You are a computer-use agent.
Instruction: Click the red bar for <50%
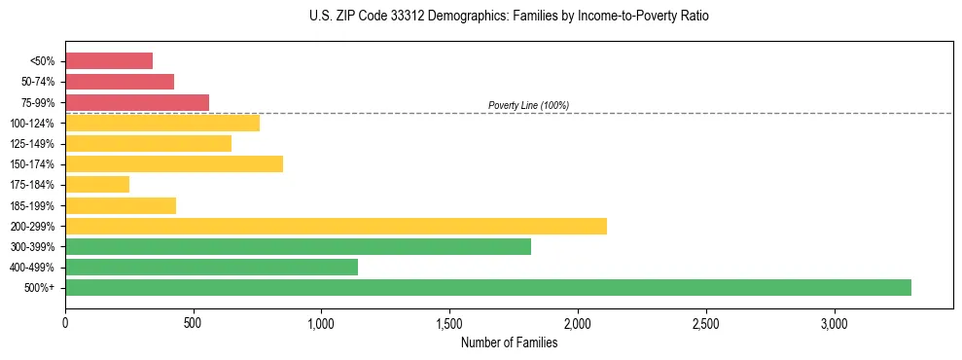(x=109, y=61)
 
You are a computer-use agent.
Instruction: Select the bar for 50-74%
(x=120, y=82)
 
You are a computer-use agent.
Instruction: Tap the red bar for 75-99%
(x=137, y=102)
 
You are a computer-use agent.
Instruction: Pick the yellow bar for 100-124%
(x=162, y=123)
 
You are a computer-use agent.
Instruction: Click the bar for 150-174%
(x=174, y=163)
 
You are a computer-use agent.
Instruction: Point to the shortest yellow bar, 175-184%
(x=97, y=184)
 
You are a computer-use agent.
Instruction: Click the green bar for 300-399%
(x=298, y=246)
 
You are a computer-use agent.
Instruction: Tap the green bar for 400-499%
(x=211, y=267)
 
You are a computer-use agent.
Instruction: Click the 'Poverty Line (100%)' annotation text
(x=528, y=105)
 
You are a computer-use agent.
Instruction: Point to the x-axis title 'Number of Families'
(x=509, y=342)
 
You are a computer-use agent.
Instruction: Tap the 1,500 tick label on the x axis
(x=449, y=322)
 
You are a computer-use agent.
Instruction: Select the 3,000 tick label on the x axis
(x=834, y=322)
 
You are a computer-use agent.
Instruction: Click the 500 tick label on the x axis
(x=194, y=322)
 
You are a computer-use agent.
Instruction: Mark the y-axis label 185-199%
(x=32, y=205)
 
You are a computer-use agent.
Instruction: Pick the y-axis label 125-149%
(x=32, y=144)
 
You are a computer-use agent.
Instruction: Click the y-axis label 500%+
(x=39, y=288)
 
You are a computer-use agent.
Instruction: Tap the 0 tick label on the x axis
(x=65, y=322)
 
